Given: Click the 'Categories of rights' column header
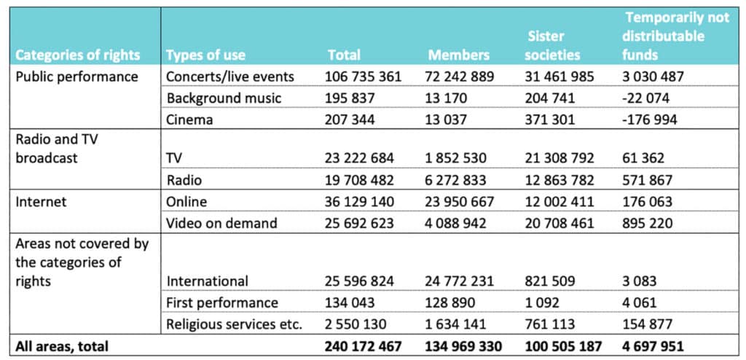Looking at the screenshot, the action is tap(78, 55).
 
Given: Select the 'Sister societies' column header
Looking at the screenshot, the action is tap(554, 46).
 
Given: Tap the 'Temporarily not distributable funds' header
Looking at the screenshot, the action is tap(675, 36).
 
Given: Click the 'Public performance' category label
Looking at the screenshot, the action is tap(77, 77).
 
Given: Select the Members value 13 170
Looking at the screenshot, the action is tap(447, 98).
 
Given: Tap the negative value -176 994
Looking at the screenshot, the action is tap(649, 120).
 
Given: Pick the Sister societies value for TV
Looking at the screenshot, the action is tap(560, 158).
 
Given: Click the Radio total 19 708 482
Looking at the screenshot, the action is tap(360, 180).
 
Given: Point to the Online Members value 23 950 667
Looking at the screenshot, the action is tap(459, 201).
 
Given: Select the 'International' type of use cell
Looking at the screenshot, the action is tap(207, 281).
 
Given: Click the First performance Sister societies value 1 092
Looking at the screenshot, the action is tap(543, 303).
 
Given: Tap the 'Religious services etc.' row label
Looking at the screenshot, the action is tap(234, 325).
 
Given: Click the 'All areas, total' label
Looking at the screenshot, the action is tap(62, 346).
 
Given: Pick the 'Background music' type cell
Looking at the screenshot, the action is tap(224, 98).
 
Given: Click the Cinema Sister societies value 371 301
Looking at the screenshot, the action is tap(551, 120).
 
